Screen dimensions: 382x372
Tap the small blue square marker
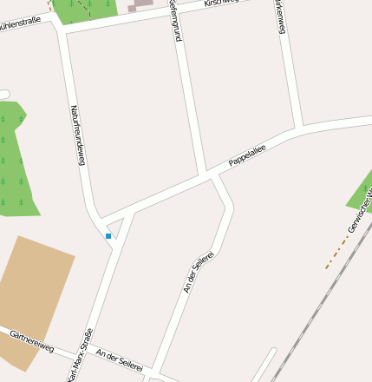pos(108,235)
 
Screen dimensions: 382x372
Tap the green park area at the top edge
pos(85,10)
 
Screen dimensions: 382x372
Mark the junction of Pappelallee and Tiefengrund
pos(208,174)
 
